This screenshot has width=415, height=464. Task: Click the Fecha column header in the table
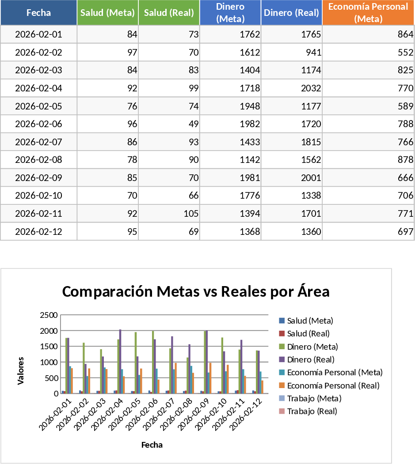pos(38,13)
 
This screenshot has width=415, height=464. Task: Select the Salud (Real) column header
pos(169,13)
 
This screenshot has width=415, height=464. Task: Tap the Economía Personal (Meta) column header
pos(368,13)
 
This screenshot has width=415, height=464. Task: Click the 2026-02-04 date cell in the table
pos(38,88)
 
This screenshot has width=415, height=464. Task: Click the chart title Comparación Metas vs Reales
pos(196,292)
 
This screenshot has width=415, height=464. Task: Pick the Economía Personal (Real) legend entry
pos(333,385)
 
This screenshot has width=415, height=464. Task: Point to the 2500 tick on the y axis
pos(49,315)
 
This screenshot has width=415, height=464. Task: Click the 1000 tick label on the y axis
pos(49,362)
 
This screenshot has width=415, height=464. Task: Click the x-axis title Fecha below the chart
pos(152,445)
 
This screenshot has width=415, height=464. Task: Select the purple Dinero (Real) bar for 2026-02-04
pos(120,361)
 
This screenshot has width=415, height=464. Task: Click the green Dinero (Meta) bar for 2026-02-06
pos(153,362)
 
